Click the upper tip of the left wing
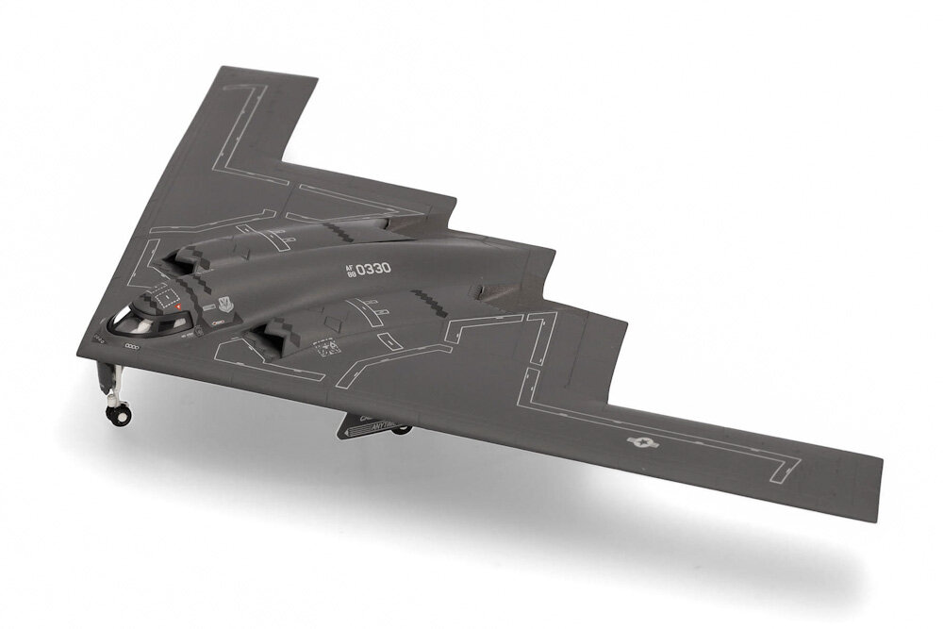[222, 69]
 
